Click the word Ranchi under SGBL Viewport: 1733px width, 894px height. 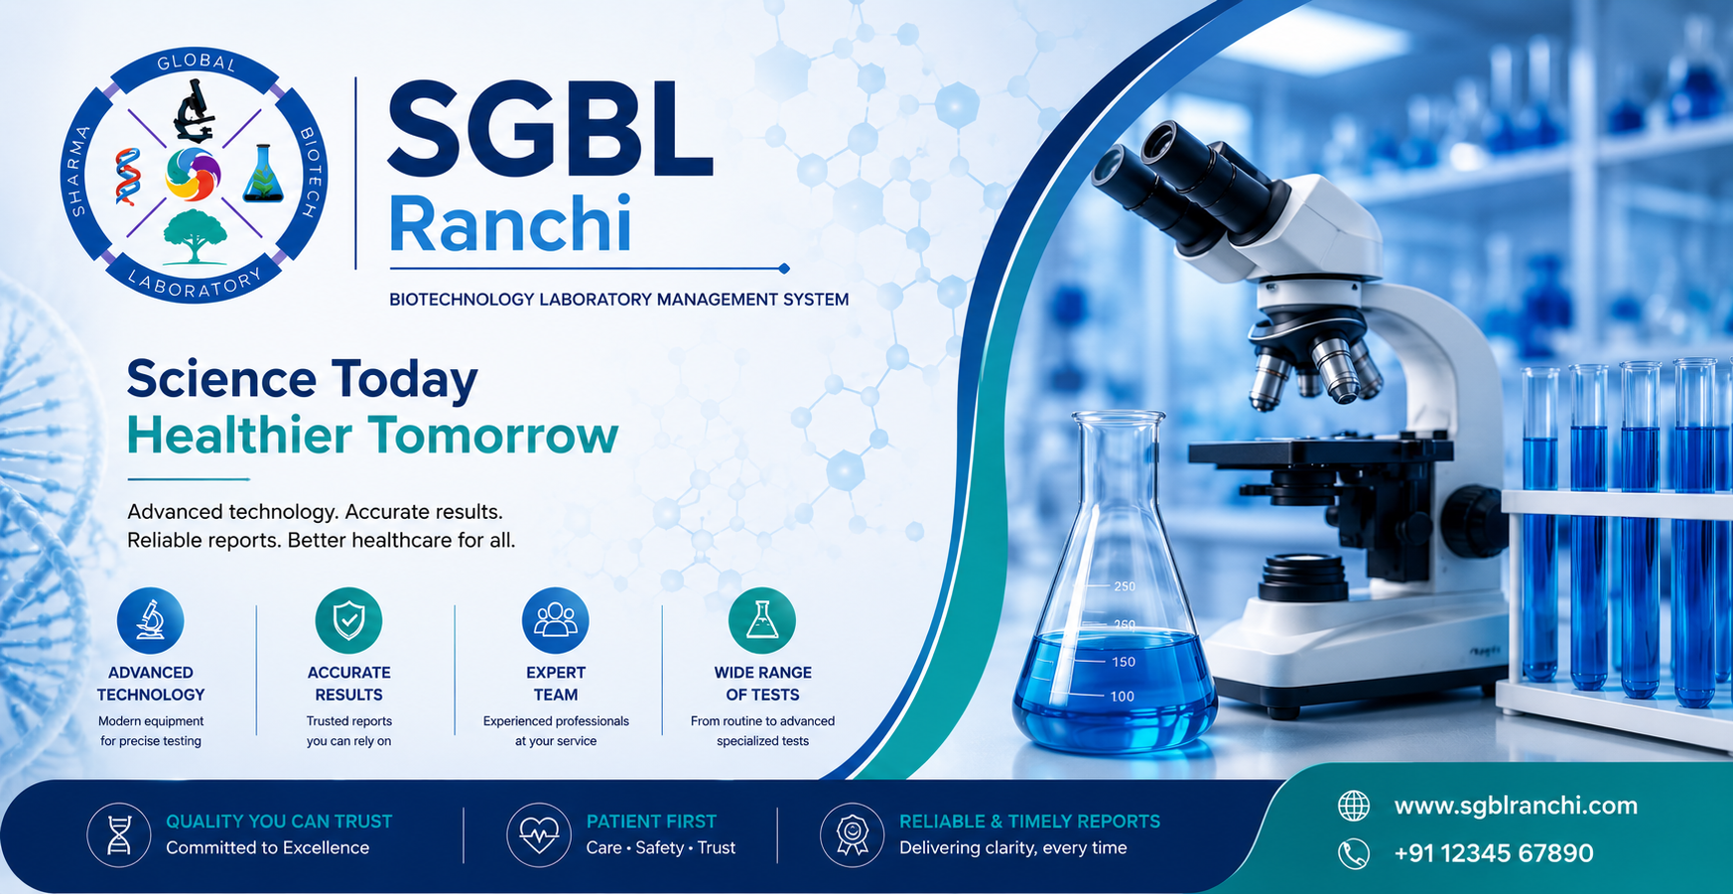tap(510, 224)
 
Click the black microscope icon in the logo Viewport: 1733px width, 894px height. tap(194, 110)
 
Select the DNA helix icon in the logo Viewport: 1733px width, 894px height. tap(127, 176)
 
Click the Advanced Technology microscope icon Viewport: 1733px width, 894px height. tap(151, 620)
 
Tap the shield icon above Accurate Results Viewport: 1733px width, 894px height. tap(348, 620)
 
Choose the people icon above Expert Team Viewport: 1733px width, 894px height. tap(556, 620)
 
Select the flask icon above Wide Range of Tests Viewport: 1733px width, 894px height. tap(762, 620)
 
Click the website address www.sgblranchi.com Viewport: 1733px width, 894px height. tap(1516, 806)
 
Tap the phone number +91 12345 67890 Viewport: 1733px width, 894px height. tap(1494, 853)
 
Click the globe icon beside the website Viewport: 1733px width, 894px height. tap(1354, 806)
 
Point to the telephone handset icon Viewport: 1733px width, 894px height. tap(1354, 853)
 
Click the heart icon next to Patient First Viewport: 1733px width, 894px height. tap(539, 834)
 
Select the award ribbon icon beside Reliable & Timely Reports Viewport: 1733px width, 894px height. tap(853, 834)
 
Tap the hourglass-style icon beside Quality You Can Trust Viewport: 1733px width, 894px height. tap(119, 834)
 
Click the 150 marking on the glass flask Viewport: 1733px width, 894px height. tap(1124, 662)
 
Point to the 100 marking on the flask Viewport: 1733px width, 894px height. tap(1123, 697)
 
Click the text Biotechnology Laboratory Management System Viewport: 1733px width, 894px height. tap(618, 299)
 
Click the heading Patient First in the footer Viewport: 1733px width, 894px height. tap(651, 822)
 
